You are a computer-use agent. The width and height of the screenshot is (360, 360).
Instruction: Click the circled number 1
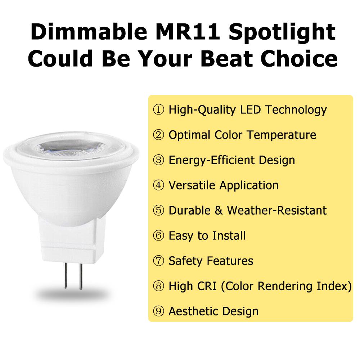pyautogui.click(x=158, y=110)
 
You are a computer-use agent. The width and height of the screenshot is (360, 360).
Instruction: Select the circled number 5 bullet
pyautogui.click(x=158, y=211)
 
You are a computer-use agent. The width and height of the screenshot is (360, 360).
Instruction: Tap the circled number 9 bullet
pyautogui.click(x=158, y=311)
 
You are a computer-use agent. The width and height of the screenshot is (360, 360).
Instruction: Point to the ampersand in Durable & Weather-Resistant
pyautogui.click(x=219, y=211)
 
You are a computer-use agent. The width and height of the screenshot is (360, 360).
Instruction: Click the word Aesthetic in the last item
pyautogui.click(x=194, y=311)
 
